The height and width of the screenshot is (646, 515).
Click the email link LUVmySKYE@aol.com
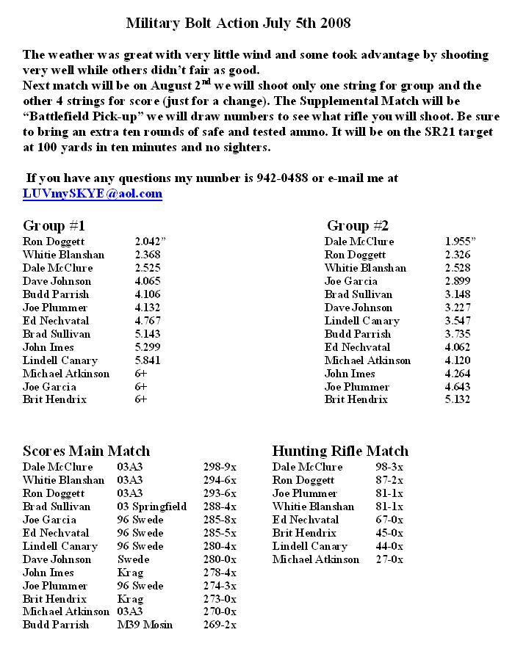(93, 194)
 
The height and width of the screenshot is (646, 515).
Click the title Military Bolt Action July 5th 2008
(238, 23)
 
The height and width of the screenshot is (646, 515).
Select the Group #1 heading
(54, 225)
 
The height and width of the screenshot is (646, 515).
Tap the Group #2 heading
(358, 225)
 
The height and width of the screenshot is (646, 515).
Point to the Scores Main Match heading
(86, 451)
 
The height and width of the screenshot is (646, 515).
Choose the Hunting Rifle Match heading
(340, 451)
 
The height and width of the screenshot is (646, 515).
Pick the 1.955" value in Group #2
(461, 242)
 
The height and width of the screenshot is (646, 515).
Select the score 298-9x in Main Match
(220, 467)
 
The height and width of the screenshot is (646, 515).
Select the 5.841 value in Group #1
(148, 360)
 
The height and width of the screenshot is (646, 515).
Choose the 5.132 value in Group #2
(458, 400)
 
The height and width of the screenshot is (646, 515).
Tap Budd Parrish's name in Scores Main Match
(56, 625)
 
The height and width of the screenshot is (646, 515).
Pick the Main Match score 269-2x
(220, 625)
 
